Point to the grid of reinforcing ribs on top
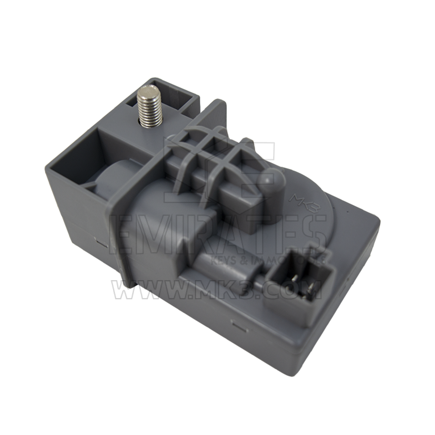click(209, 157)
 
